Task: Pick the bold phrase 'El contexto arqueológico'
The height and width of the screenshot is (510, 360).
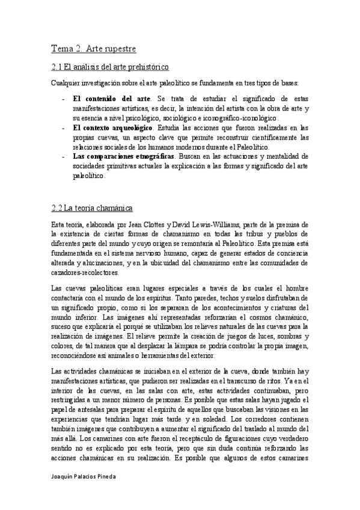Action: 113,128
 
